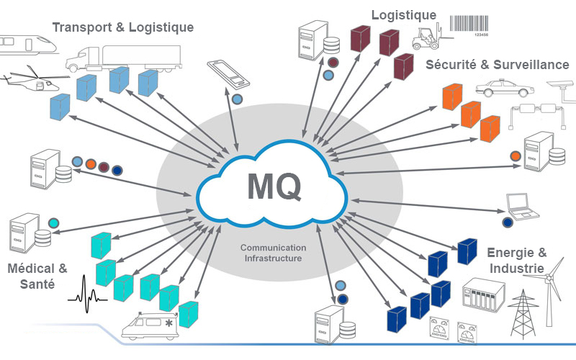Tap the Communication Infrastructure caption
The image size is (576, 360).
pos(273,252)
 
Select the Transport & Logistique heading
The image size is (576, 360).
pos(123,28)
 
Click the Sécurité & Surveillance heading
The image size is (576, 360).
pos(498,65)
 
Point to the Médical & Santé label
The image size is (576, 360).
pos(37,276)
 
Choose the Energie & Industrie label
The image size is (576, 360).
pos(516,260)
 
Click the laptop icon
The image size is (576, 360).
pos(522,206)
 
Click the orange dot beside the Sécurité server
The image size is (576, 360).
pos(515,155)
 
